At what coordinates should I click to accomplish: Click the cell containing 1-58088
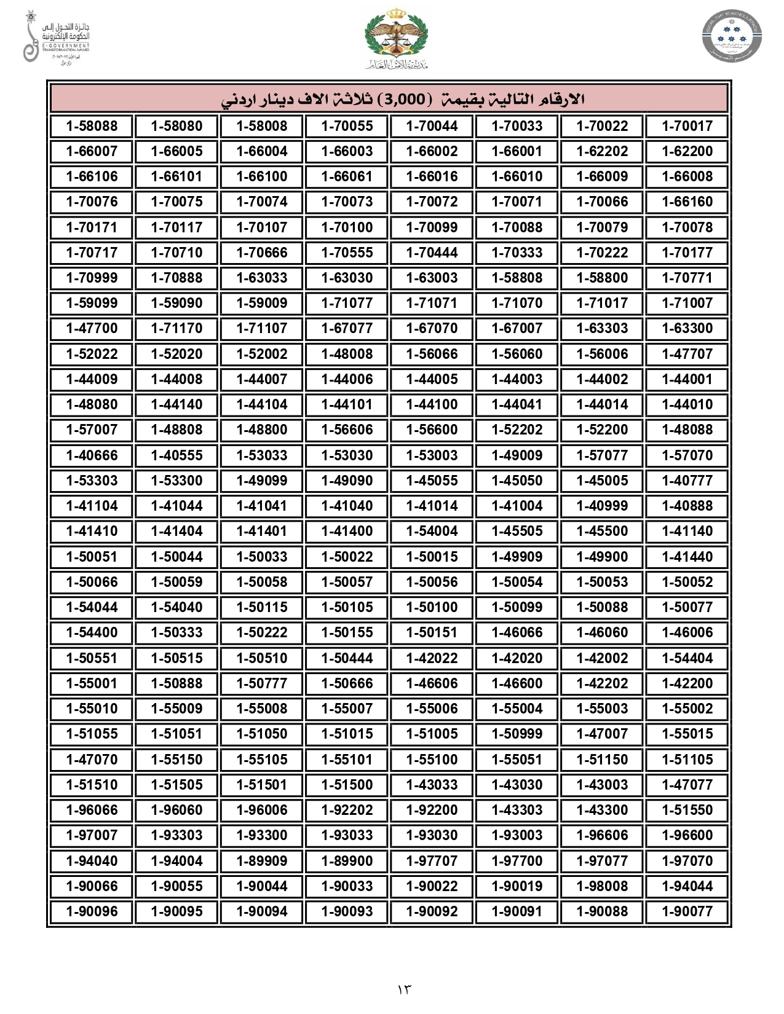pyautogui.click(x=92, y=126)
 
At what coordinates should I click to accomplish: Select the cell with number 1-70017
pyautogui.click(x=687, y=126)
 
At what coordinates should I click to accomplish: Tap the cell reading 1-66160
pyautogui.click(x=687, y=202)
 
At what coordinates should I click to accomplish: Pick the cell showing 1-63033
pyautogui.click(x=262, y=278)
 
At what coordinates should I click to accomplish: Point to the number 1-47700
pyautogui.click(x=92, y=328)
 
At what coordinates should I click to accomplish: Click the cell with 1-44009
pyautogui.click(x=92, y=379)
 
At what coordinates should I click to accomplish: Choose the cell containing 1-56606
pyautogui.click(x=347, y=430)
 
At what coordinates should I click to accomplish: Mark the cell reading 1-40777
pyautogui.click(x=687, y=481)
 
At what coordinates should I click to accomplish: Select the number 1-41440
pyautogui.click(x=687, y=557)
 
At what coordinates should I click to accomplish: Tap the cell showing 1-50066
pyautogui.click(x=92, y=582)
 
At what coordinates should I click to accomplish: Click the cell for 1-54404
pyautogui.click(x=687, y=658)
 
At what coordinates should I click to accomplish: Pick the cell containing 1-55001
pyautogui.click(x=92, y=683)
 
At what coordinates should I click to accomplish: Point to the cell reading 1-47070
pyautogui.click(x=92, y=760)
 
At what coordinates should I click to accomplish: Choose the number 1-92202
pyautogui.click(x=347, y=810)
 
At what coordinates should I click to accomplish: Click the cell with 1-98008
pyautogui.click(x=602, y=886)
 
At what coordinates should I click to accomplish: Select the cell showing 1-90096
pyautogui.click(x=92, y=911)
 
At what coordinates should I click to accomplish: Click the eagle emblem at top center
pyautogui.click(x=396, y=37)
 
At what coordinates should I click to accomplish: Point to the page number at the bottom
pyautogui.click(x=404, y=989)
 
